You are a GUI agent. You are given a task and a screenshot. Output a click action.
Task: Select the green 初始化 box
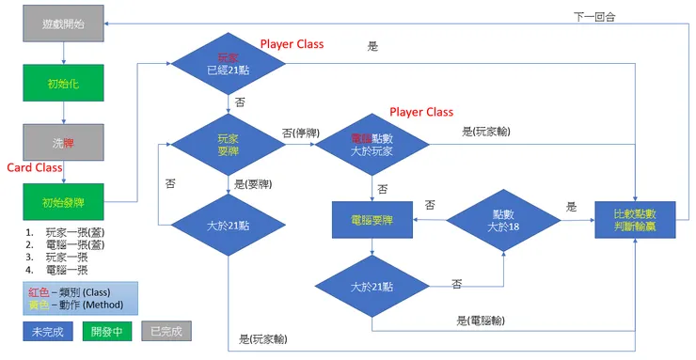[x=64, y=83]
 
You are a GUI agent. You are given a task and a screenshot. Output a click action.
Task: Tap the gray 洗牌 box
[x=64, y=144]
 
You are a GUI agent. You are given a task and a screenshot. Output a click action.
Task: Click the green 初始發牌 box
[x=64, y=201]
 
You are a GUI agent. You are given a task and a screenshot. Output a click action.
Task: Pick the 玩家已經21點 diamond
[x=228, y=64]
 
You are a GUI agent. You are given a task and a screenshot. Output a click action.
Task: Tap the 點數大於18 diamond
[x=502, y=223]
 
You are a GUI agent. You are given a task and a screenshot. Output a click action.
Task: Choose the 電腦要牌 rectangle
[x=372, y=223]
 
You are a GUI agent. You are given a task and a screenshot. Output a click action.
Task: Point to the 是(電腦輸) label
[x=480, y=321]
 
